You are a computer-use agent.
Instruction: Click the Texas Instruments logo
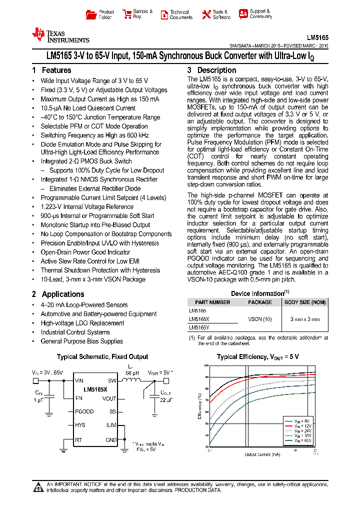coord(59,35)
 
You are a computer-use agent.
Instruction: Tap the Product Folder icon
coord(91,14)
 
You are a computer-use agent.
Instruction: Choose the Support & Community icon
coord(243,14)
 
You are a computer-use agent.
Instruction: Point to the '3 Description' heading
coord(211,70)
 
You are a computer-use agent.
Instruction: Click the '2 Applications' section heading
coord(58,294)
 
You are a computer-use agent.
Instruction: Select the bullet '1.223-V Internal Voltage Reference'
coord(87,206)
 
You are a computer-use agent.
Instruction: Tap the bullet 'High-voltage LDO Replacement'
coord(82,323)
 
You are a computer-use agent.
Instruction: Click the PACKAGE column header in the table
coord(260,302)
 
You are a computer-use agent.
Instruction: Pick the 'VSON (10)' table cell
coord(260,319)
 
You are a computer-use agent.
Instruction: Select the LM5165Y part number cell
coord(199,328)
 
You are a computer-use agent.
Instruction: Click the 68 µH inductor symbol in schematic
coord(132,381)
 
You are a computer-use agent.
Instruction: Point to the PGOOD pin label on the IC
coord(84,411)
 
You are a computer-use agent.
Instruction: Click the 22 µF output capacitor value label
coord(166,400)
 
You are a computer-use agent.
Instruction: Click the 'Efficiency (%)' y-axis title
coord(199,405)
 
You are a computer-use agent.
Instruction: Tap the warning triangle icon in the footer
coord(38,487)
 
